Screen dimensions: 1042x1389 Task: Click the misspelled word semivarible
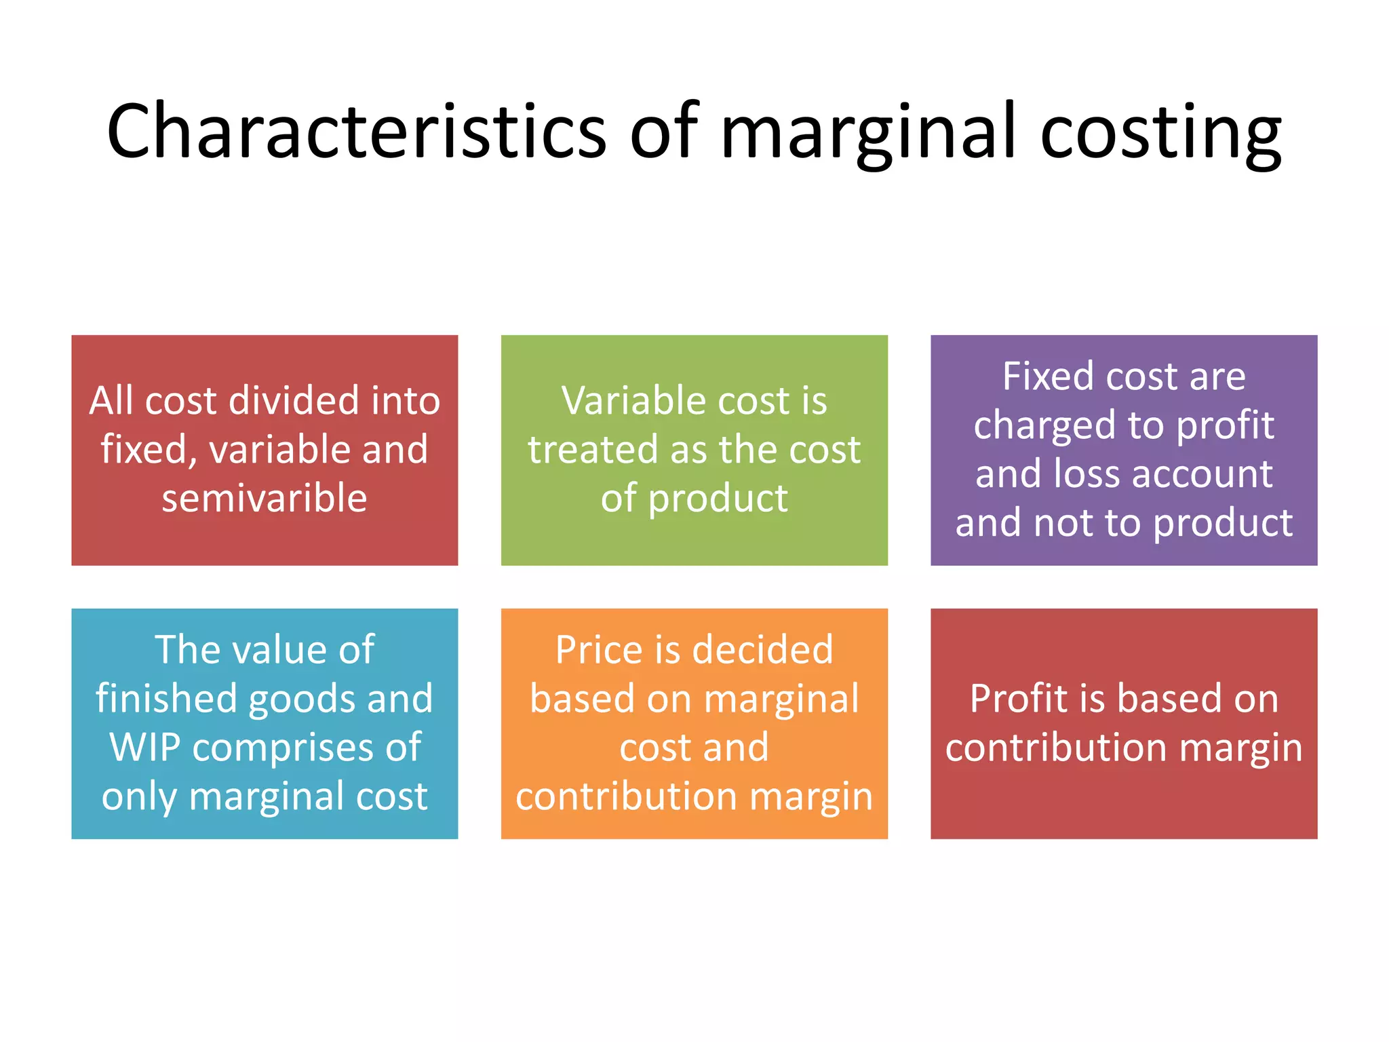point(265,498)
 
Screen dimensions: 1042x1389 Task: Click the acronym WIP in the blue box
point(144,748)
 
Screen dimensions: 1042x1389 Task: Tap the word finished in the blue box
point(167,699)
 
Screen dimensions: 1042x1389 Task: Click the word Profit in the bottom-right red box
point(1017,699)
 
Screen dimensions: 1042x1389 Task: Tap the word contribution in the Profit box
point(1056,748)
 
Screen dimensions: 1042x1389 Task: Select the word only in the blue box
point(139,797)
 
